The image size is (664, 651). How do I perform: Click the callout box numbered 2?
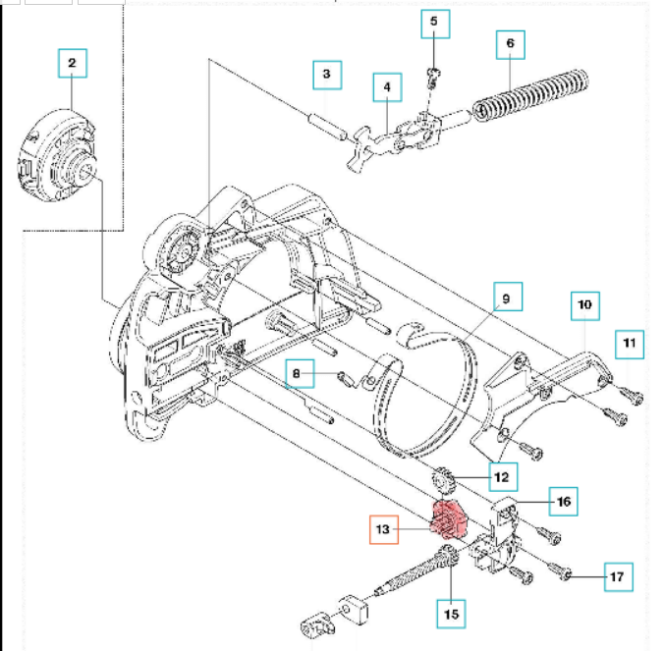[x=72, y=65]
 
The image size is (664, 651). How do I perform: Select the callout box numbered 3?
[x=327, y=75]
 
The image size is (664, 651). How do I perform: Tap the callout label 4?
[x=387, y=88]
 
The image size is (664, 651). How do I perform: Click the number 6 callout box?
[x=510, y=45]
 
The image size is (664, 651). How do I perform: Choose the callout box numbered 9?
[x=506, y=298]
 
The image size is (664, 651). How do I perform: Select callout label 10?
[x=584, y=305]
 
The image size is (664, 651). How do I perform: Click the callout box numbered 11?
[x=630, y=345]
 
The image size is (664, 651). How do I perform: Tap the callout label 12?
[x=502, y=477]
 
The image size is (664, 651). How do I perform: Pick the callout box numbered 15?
[x=450, y=614]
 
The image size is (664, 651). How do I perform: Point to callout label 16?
[x=563, y=502]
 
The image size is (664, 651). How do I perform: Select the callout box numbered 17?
[x=618, y=576]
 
